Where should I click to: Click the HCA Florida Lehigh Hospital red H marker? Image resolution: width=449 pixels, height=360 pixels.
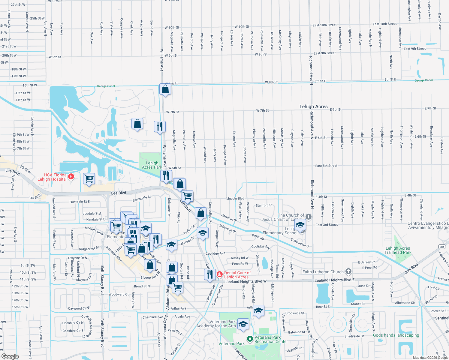point(71,177)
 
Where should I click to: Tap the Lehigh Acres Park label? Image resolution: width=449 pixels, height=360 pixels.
point(152,165)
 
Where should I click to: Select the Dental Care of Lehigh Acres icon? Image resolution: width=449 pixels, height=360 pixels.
point(220,274)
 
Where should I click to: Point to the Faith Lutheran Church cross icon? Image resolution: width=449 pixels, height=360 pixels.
point(348,271)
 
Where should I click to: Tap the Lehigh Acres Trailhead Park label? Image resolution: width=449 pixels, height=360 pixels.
point(398,250)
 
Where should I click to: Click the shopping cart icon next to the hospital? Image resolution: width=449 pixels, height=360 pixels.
point(89,179)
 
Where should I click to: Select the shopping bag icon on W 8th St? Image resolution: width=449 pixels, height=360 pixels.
point(165,89)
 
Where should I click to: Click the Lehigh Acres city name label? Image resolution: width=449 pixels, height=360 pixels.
point(313,106)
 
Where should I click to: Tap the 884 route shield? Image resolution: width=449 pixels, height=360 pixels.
point(442,247)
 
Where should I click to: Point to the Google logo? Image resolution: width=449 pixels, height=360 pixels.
point(10,356)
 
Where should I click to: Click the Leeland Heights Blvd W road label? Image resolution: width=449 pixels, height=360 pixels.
point(246,281)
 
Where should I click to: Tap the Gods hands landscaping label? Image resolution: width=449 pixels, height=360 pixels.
point(396,335)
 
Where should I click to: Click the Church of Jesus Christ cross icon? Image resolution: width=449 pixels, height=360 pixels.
point(308,217)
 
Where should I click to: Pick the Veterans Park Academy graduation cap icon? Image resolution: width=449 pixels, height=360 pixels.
point(243,324)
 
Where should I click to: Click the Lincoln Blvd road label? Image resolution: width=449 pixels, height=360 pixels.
point(235,199)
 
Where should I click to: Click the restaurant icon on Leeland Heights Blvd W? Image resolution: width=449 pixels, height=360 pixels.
point(210,274)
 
